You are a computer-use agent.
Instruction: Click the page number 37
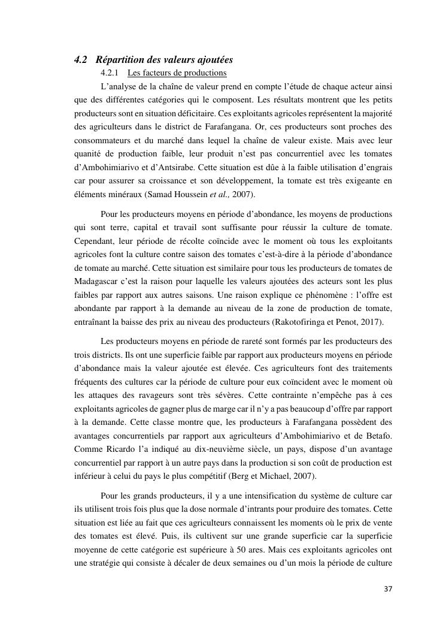388,589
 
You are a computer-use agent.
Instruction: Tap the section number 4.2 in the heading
81,60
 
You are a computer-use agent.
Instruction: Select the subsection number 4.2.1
111,73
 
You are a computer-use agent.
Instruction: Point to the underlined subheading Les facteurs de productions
177,73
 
